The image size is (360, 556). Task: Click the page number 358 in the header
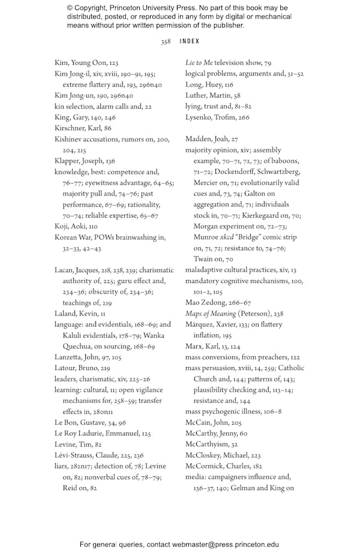click(166, 42)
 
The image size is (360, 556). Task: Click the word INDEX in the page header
click(190, 42)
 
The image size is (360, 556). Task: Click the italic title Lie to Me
click(199, 62)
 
